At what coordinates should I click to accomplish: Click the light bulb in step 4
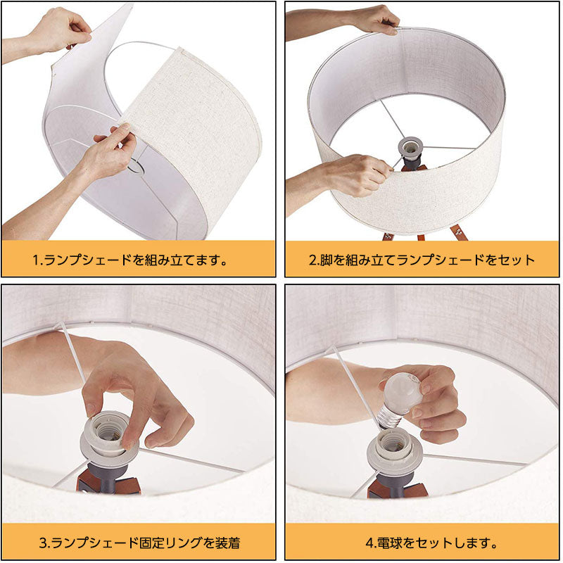[x=400, y=398]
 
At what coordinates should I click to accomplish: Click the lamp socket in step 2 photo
[x=410, y=148]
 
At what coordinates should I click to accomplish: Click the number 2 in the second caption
[x=312, y=260]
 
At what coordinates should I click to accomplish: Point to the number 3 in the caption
[x=43, y=543]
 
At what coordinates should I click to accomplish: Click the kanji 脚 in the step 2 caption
[x=326, y=260]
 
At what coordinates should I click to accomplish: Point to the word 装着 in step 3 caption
[x=227, y=543]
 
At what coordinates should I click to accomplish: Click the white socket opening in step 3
[x=107, y=433]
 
